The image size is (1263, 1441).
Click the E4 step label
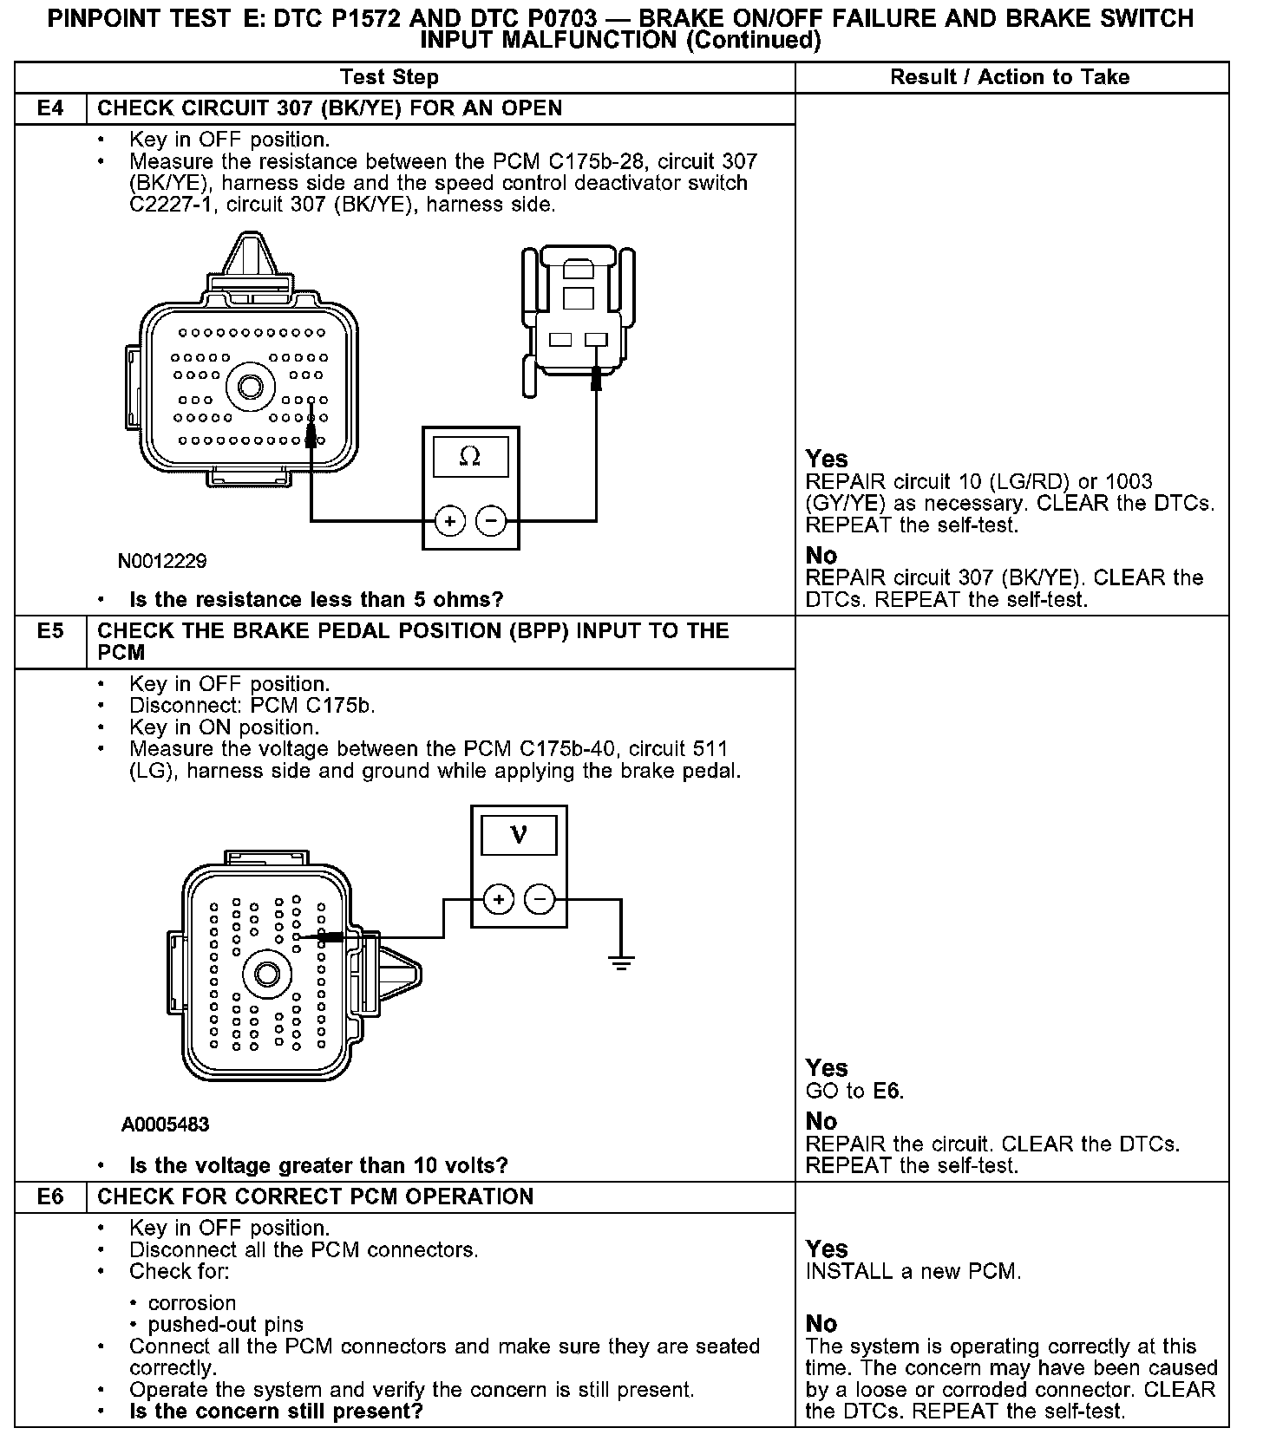[50, 109]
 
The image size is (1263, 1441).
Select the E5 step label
[50, 631]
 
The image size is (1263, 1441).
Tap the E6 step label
[50, 1197]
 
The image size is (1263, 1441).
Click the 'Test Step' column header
[389, 77]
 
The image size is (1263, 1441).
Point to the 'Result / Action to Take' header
[1010, 77]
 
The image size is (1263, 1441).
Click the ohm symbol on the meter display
[470, 456]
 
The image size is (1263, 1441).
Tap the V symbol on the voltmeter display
[519, 834]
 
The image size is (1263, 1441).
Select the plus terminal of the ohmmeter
[449, 521]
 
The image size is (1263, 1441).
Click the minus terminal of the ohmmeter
[491, 521]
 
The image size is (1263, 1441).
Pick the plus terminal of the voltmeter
[498, 900]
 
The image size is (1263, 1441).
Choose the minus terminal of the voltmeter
[540, 900]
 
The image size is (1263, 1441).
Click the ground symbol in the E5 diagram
[621, 962]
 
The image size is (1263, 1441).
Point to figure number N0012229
[162, 562]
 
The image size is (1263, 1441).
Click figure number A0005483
[165, 1125]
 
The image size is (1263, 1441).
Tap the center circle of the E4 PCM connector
[251, 387]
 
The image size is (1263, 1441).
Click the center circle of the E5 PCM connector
[265, 975]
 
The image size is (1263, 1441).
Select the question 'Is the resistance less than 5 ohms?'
[316, 600]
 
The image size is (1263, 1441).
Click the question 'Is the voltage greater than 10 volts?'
[318, 1165]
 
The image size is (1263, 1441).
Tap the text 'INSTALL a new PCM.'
[913, 1272]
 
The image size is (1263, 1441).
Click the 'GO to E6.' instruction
[854, 1092]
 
